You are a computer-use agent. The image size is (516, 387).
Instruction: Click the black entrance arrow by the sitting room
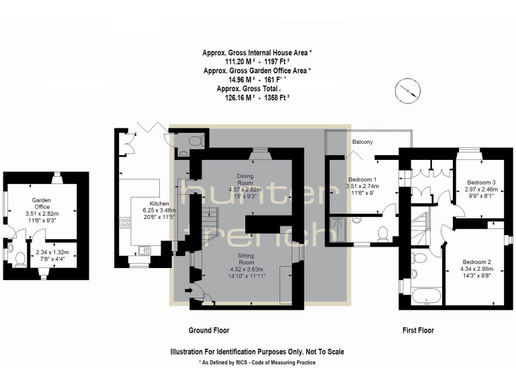tap(195, 290)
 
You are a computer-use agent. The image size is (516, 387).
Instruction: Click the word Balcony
tap(362, 142)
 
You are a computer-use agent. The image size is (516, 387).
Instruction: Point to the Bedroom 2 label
tap(476, 261)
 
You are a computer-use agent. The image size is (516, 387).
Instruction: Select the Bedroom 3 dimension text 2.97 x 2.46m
tap(482, 190)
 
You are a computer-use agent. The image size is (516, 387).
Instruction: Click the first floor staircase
tap(422, 225)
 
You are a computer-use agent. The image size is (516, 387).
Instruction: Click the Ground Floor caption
tap(208, 331)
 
